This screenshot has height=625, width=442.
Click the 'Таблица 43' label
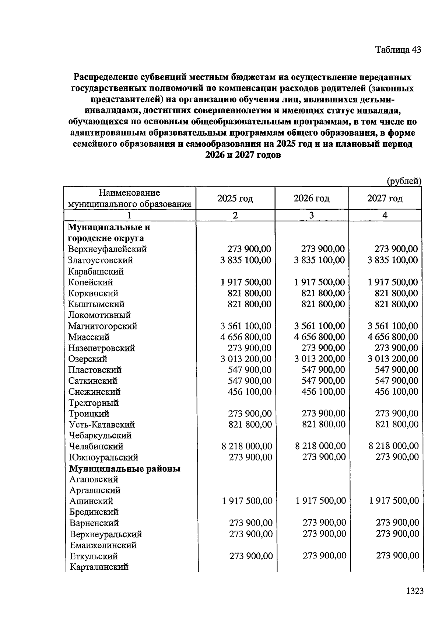tap(398, 50)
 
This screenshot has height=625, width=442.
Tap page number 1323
tap(415, 591)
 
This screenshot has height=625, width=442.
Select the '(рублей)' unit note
tap(404, 181)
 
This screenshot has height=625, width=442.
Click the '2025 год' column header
tap(235, 199)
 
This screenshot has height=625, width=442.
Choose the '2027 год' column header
tap(385, 199)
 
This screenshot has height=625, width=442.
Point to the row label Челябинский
tap(96, 446)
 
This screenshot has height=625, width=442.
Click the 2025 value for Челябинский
tap(247, 446)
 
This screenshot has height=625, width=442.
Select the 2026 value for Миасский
tap(320, 337)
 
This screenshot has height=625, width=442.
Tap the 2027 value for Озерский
tap(393, 359)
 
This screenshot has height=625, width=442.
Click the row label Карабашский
tap(96, 272)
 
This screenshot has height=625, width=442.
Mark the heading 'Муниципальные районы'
tap(125, 469)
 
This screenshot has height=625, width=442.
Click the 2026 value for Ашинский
tap(320, 501)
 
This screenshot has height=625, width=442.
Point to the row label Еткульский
tap(94, 556)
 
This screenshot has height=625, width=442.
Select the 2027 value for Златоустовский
tap(393, 260)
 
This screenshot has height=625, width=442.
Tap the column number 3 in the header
tap(311, 215)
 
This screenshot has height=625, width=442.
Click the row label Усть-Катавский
tap(102, 425)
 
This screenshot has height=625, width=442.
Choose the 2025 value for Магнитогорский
tap(246, 326)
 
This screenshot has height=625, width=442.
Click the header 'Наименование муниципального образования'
tap(130, 198)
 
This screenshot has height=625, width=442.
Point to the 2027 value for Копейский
tap(393, 282)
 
